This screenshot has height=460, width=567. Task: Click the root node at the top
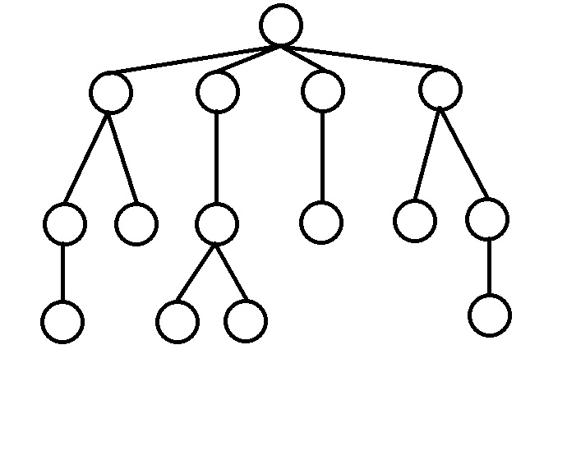point(281,25)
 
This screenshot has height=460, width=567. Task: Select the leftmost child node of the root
point(111,92)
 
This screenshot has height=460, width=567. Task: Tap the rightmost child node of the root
point(440,90)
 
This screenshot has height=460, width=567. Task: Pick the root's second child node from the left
point(218,92)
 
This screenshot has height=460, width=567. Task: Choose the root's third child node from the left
point(322,91)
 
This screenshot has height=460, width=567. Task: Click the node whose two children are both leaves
point(217,223)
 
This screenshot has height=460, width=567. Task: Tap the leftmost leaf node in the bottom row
point(62,321)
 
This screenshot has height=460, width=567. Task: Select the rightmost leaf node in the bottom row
point(490,315)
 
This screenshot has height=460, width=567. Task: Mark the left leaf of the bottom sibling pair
point(177,321)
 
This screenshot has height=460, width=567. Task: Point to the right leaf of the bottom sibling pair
point(245,321)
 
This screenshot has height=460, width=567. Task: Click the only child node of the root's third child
point(321,222)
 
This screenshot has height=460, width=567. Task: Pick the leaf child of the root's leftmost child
point(136,223)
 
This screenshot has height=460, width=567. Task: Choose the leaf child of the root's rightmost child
point(415,221)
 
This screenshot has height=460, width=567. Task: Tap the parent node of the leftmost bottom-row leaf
point(65,223)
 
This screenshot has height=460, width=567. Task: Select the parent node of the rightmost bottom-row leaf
point(486,219)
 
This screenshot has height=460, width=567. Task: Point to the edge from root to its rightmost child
point(362,57)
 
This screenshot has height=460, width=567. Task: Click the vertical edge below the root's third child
point(322,157)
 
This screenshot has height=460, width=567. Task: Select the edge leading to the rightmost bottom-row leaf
point(489,267)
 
